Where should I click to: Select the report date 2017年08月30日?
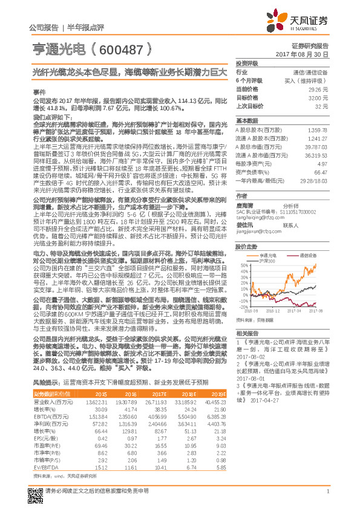click(306, 54)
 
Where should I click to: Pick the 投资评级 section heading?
click(247, 63)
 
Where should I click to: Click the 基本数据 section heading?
click(247, 120)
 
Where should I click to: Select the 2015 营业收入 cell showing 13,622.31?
click(97, 401)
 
